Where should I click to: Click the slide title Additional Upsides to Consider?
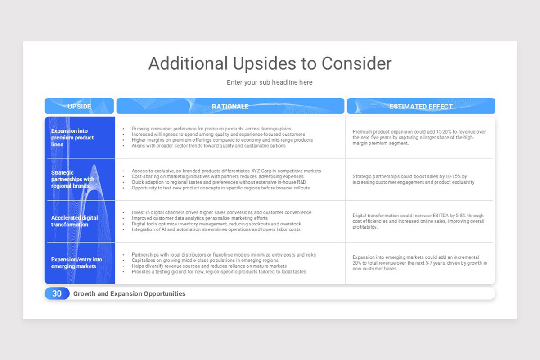[270, 63]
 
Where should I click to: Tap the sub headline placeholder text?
[270, 82]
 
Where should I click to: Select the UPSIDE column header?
[79, 106]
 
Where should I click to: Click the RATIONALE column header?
[230, 106]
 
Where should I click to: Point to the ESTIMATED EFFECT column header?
[421, 106]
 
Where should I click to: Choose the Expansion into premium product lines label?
[72, 138]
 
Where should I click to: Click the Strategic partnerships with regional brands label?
[72, 179]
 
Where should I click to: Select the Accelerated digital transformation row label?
[74, 221]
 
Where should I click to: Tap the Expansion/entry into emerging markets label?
[76, 263]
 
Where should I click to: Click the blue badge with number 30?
[57, 293]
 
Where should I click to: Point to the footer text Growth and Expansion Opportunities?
[129, 293]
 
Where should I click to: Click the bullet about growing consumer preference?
[211, 129]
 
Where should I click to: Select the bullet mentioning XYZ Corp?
[226, 171]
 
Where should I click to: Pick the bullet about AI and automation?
[216, 229]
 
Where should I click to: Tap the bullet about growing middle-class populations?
[205, 260]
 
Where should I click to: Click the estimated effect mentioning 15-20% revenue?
[419, 137]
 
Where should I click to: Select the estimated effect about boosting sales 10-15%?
[413, 179]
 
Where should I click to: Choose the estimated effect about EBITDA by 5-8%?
[418, 221]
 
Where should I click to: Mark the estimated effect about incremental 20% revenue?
[419, 263]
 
